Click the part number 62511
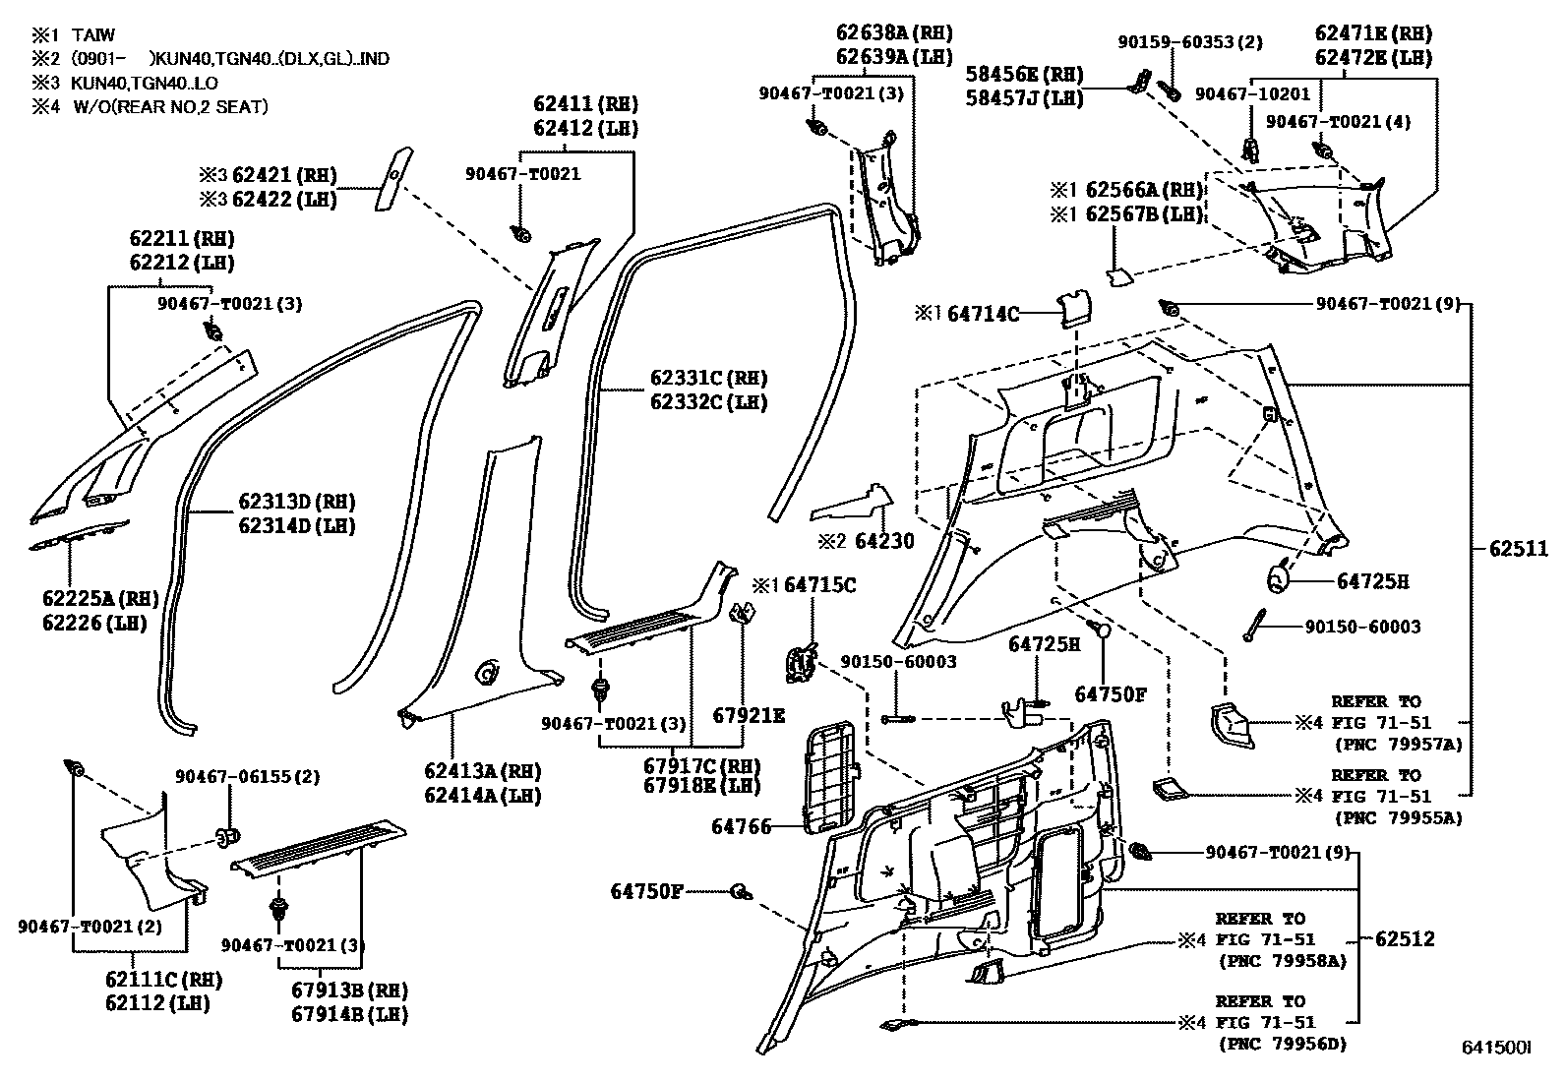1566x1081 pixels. coord(1519,550)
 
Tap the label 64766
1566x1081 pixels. coord(741,828)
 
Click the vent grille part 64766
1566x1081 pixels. coord(832,774)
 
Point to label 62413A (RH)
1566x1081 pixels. coord(482,771)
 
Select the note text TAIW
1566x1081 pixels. coord(93,35)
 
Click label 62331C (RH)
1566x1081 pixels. coord(708,379)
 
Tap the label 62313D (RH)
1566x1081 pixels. coord(296,502)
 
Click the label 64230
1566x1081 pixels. coord(884,541)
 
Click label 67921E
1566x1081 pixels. coord(749,715)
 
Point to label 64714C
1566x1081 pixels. coord(983,315)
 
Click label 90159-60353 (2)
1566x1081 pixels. coord(1190,42)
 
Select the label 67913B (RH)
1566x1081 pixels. coord(349,991)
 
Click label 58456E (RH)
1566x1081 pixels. coord(1024,74)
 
